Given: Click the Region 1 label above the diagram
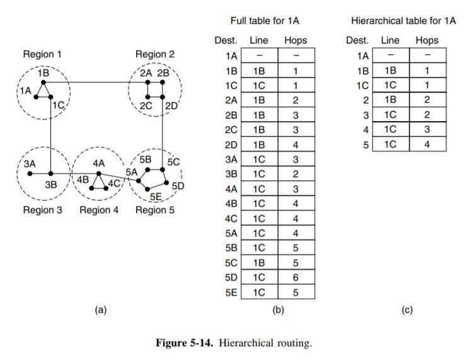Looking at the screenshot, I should (x=42, y=54).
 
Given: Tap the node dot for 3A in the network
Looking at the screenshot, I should (x=30, y=173).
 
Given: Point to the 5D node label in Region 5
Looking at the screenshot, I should (x=177, y=186).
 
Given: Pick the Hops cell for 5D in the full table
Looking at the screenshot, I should (x=295, y=277).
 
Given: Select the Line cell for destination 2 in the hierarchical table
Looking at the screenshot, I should (x=390, y=100).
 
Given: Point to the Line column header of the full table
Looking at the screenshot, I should (x=259, y=40).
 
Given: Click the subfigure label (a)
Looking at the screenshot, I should (x=99, y=310).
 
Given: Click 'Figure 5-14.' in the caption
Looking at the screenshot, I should (x=193, y=344).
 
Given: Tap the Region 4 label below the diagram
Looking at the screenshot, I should (x=99, y=210).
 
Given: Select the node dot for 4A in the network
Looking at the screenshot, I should (x=99, y=173).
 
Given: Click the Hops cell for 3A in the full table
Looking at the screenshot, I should (x=295, y=159).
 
